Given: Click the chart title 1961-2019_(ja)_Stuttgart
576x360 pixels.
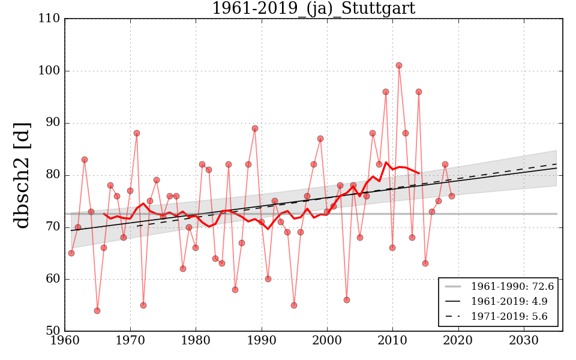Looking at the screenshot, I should coord(313,8).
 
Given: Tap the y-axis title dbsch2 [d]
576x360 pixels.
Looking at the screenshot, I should coord(22,175).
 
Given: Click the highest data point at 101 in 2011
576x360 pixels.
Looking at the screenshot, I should coord(399,65).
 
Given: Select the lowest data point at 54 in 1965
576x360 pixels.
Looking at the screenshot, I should coord(97,310).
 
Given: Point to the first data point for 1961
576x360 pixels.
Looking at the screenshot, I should coord(71,253).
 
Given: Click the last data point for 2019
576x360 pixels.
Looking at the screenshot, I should coord(451,196).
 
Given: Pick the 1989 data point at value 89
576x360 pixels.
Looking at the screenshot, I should coord(255,128).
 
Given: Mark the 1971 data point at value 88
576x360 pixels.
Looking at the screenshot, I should coord(137,133).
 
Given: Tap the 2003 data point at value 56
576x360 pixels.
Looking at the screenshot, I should coord(347,299).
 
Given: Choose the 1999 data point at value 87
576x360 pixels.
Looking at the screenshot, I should coord(320,139).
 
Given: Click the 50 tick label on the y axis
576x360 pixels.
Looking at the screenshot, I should coord(52,331).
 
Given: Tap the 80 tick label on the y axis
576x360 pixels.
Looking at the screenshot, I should coord(52,175).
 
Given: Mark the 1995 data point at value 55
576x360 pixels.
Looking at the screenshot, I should coord(294,305).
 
